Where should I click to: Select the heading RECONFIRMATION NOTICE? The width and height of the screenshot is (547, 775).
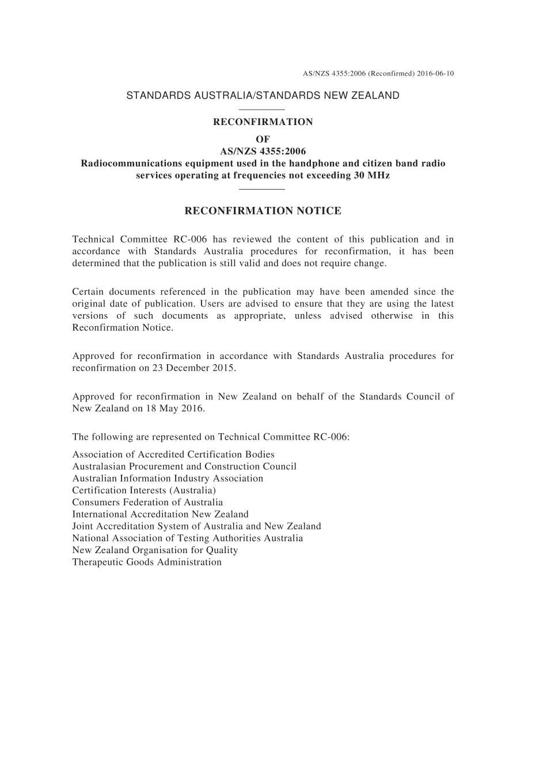tap(263, 211)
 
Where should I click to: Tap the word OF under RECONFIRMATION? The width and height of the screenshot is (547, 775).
tap(263, 139)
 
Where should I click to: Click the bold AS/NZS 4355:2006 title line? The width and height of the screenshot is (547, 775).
tap(263, 152)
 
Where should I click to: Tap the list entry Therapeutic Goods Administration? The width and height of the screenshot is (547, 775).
tap(147, 562)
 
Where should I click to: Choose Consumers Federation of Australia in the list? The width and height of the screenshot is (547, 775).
tap(147, 502)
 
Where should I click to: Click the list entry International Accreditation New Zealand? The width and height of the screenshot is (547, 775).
tap(160, 515)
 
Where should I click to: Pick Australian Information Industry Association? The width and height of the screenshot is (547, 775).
tap(168, 478)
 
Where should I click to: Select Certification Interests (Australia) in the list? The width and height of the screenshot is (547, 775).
tap(144, 490)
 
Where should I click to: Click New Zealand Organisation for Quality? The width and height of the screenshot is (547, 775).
tap(155, 550)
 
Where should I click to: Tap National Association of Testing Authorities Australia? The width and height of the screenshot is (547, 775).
tap(187, 538)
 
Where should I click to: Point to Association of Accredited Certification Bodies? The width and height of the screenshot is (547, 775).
tap(173, 455)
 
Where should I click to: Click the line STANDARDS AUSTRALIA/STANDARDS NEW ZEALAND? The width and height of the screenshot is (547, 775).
tap(263, 96)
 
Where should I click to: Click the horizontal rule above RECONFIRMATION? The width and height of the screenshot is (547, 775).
tap(262, 109)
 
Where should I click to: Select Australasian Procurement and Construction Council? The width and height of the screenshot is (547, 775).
tap(184, 467)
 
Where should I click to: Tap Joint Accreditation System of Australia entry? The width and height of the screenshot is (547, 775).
tap(196, 526)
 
